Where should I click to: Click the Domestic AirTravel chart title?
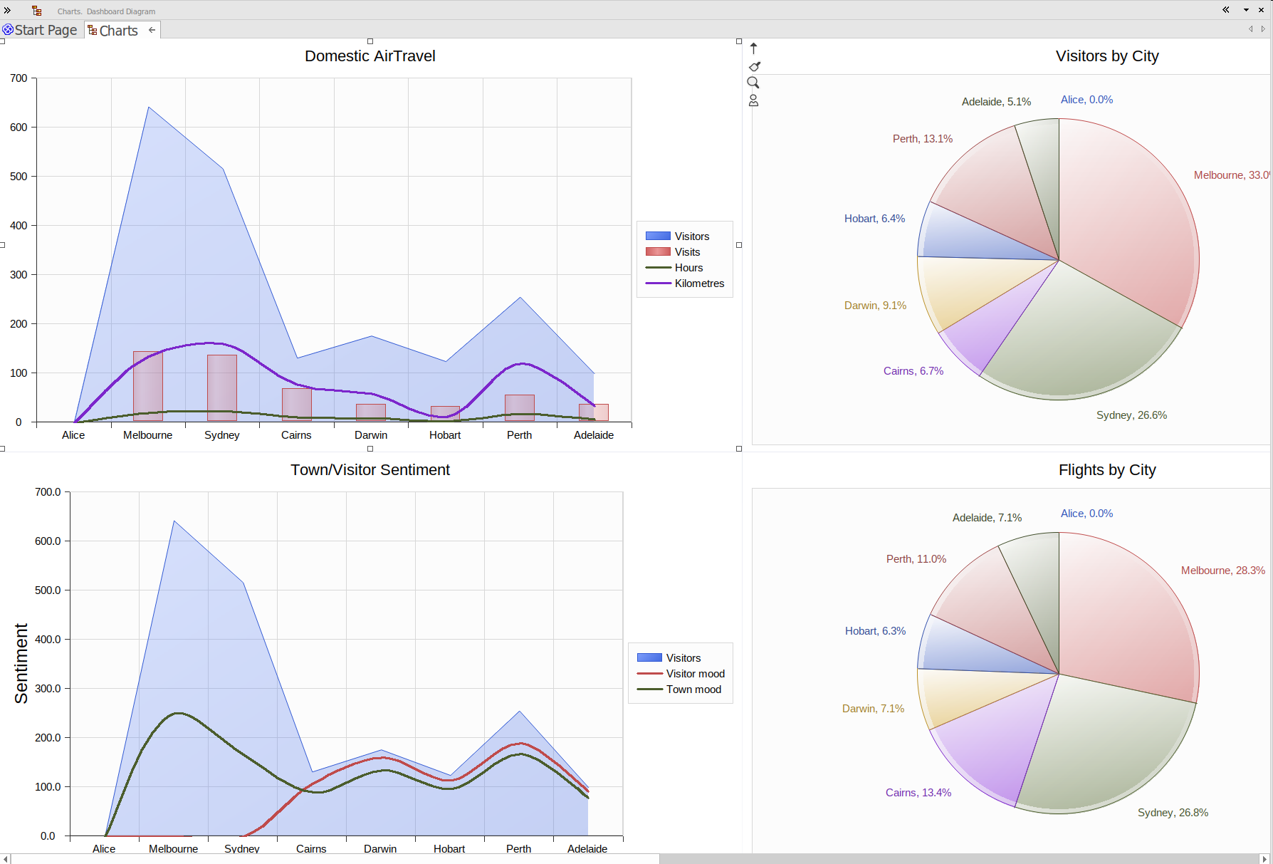click(370, 56)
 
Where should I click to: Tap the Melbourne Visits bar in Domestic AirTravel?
click(148, 386)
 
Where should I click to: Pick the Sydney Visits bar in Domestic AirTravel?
click(222, 388)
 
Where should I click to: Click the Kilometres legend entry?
click(699, 283)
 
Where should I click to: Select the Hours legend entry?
click(688, 268)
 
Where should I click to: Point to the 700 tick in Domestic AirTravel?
click(19, 78)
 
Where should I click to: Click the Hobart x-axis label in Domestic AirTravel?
click(445, 435)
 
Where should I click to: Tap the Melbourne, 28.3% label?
click(1222, 571)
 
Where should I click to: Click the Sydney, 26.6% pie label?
click(1131, 415)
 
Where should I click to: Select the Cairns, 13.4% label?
click(918, 793)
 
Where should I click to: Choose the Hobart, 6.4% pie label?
click(874, 219)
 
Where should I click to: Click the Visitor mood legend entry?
click(695, 674)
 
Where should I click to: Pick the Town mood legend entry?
click(693, 689)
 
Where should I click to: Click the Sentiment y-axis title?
click(21, 664)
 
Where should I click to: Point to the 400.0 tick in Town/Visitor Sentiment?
click(48, 640)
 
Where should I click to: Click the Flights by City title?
click(1106, 470)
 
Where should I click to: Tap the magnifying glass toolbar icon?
click(753, 83)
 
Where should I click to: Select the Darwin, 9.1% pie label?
click(875, 306)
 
